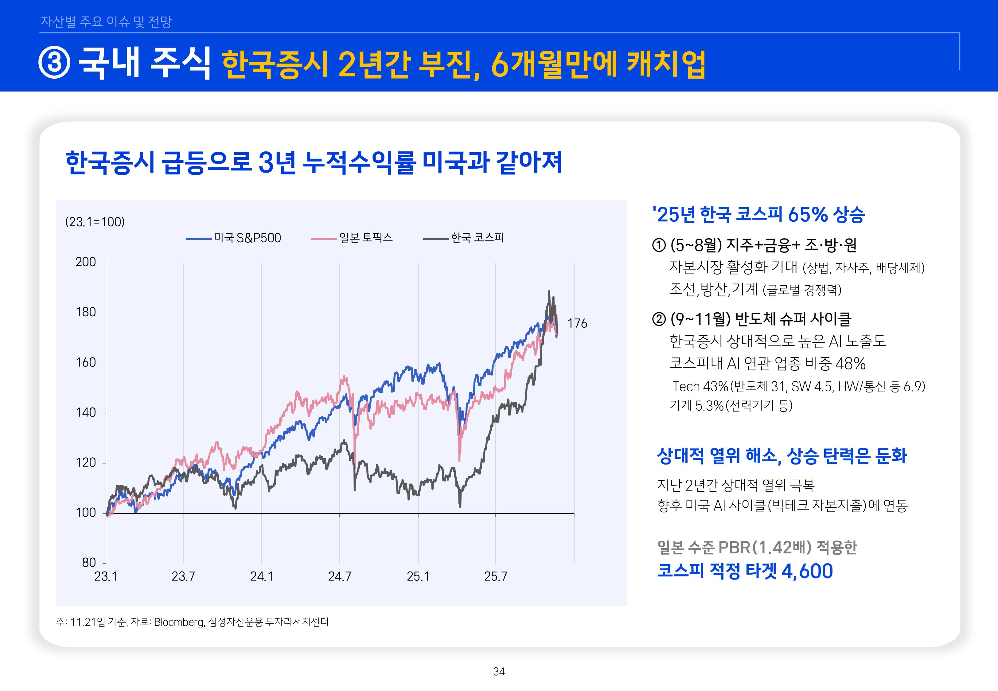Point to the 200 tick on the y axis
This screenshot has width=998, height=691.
click(x=86, y=262)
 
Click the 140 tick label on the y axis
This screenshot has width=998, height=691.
click(x=86, y=413)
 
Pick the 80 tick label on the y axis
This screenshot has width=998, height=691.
click(x=89, y=563)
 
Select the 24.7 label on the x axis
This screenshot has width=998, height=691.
click(x=339, y=577)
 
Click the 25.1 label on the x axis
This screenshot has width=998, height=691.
click(x=418, y=577)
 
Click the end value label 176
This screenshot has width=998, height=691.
click(x=577, y=323)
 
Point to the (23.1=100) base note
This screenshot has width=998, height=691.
click(x=95, y=222)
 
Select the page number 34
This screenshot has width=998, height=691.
click(x=499, y=672)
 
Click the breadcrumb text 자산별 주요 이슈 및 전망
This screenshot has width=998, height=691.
click(x=106, y=21)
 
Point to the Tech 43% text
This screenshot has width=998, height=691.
click(x=701, y=386)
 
